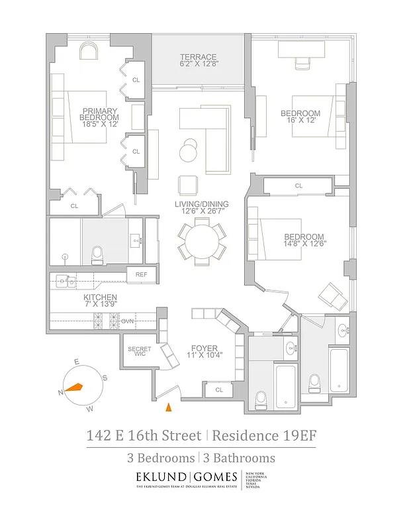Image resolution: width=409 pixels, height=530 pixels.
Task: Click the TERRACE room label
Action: (198, 57)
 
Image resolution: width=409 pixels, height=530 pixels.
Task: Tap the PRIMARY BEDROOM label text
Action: (100, 114)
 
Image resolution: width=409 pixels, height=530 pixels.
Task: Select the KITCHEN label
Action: (101, 297)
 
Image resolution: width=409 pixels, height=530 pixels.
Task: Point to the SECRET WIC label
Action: (140, 352)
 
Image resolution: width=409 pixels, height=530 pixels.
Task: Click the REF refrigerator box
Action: (141, 274)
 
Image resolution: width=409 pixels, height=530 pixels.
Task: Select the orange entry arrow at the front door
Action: (168, 407)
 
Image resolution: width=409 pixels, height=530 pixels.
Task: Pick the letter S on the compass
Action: (104, 378)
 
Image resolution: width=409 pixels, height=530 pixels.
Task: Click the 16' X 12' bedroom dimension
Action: (300, 121)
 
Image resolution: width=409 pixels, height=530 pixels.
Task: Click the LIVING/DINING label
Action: (202, 204)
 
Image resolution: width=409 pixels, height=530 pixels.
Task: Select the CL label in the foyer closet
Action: (219, 392)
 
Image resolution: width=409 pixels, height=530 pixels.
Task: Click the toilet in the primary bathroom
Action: (97, 252)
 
